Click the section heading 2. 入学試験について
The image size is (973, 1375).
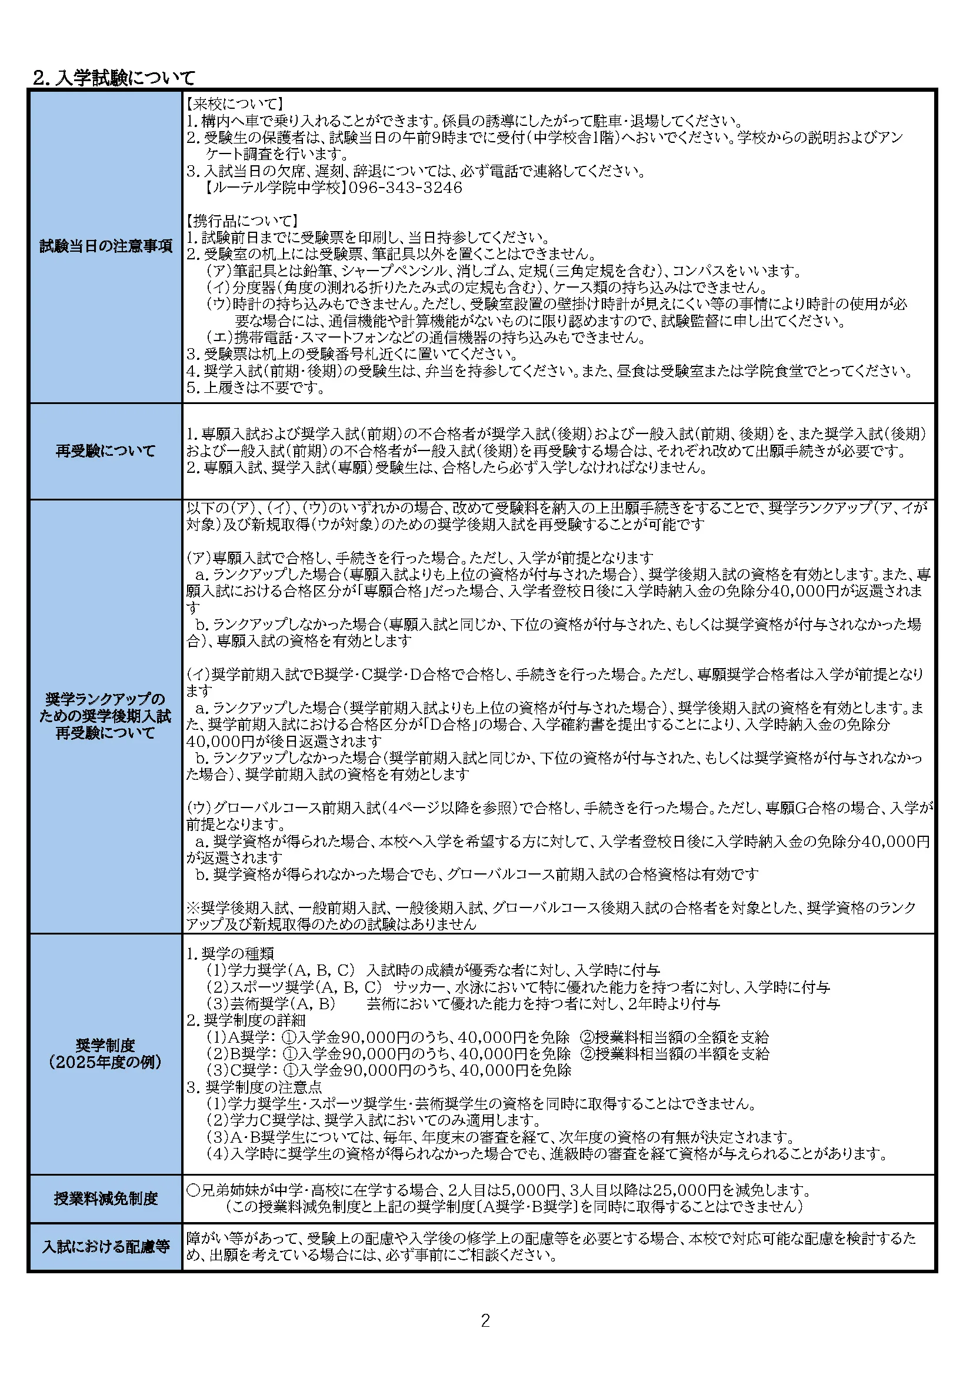coord(114,78)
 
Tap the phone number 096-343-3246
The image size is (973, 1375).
coord(406,188)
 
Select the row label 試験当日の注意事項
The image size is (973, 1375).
coord(106,246)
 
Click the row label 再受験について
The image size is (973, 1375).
coord(106,451)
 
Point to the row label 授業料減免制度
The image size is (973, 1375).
coord(106,1199)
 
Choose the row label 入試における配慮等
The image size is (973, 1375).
coord(106,1246)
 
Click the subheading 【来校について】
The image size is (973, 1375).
coord(235,104)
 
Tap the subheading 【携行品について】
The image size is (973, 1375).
coord(242,221)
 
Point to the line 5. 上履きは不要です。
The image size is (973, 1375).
coord(256,388)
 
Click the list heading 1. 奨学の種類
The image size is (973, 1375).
coord(230,953)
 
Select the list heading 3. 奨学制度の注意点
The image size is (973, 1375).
coord(255,1086)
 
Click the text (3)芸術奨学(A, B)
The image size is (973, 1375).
coord(271,1003)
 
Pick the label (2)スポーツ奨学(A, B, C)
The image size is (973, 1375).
coord(294,987)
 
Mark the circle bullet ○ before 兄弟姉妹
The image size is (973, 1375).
coord(193,1190)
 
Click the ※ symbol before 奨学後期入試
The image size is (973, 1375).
coord(193,908)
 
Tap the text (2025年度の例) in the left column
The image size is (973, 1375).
coord(106,1062)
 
